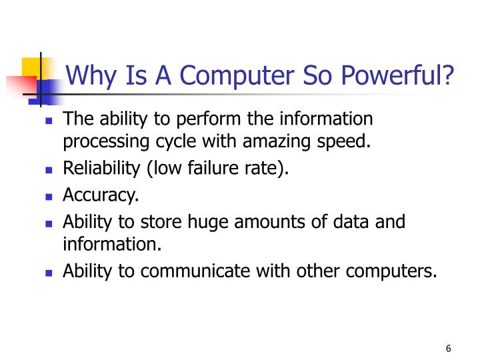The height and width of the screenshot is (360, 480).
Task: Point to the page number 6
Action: pos(448,349)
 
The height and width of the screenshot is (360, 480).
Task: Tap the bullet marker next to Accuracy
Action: pos(49,197)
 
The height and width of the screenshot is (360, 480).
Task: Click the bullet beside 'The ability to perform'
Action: pos(49,122)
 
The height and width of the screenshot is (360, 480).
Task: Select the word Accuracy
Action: pos(101,195)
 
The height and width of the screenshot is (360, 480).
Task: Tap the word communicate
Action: pos(207,271)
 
